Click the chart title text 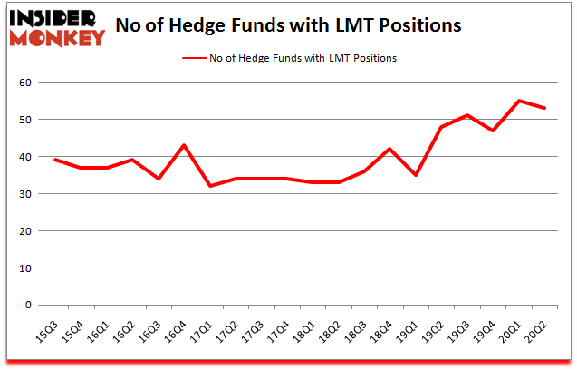point(289,25)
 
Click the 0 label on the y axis point(29,306)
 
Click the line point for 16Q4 point(184,145)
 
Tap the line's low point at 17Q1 point(209,186)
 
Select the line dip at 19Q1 point(416,175)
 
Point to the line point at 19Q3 point(467,115)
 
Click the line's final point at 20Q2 point(545,108)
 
